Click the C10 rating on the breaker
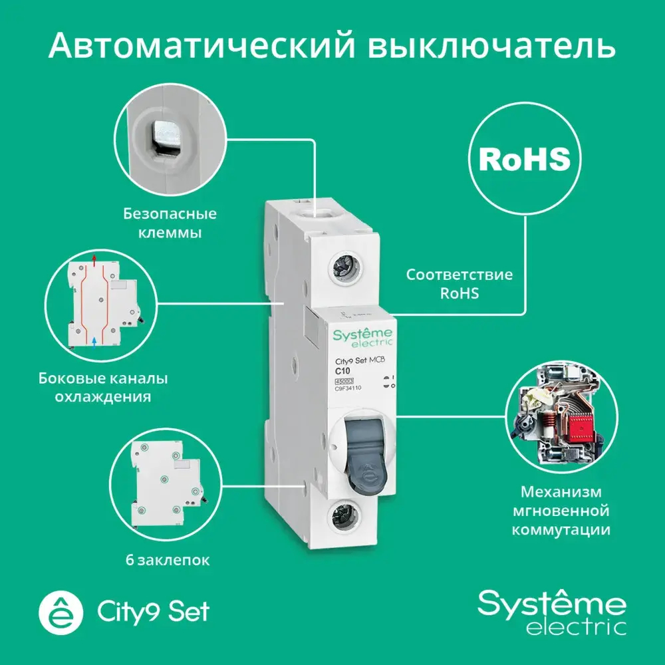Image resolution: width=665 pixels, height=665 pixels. [x=343, y=370]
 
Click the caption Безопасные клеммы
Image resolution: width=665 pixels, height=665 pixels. [x=170, y=224]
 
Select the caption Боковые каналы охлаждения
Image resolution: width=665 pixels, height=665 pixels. [x=102, y=388]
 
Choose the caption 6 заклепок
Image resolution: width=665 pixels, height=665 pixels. [x=166, y=561]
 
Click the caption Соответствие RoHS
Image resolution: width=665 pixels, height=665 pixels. [x=460, y=283]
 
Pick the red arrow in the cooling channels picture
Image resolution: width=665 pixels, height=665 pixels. [x=94, y=257]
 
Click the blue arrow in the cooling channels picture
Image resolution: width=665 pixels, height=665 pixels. [x=94, y=340]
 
